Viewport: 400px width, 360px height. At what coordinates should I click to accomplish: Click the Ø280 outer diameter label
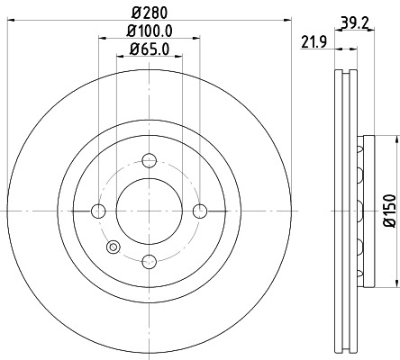(x=150, y=12)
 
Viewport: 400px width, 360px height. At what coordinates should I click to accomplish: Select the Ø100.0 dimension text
(x=150, y=32)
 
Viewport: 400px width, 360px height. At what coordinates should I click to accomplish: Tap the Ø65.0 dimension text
(x=150, y=52)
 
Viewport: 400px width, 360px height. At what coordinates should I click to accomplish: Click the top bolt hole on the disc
(x=150, y=161)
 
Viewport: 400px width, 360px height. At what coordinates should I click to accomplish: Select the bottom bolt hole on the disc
(x=150, y=262)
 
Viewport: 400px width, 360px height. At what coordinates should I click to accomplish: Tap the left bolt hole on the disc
(x=99, y=211)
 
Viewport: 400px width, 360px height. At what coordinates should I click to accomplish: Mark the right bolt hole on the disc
(x=200, y=211)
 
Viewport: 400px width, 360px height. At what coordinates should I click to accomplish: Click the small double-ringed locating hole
(x=113, y=247)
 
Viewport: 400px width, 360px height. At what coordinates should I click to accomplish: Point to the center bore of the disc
(x=150, y=211)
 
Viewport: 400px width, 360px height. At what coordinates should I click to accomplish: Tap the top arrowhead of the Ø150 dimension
(x=394, y=139)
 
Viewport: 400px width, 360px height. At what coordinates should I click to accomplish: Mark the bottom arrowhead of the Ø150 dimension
(x=394, y=285)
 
